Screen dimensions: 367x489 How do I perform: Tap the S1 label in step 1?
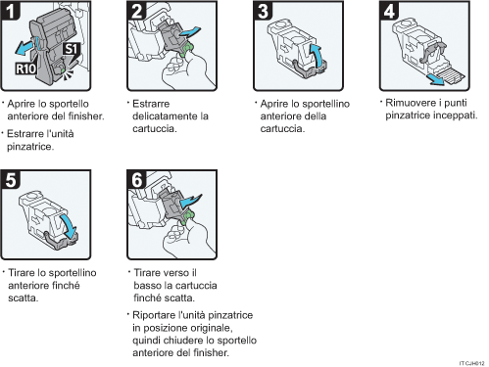pyautogui.click(x=70, y=49)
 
